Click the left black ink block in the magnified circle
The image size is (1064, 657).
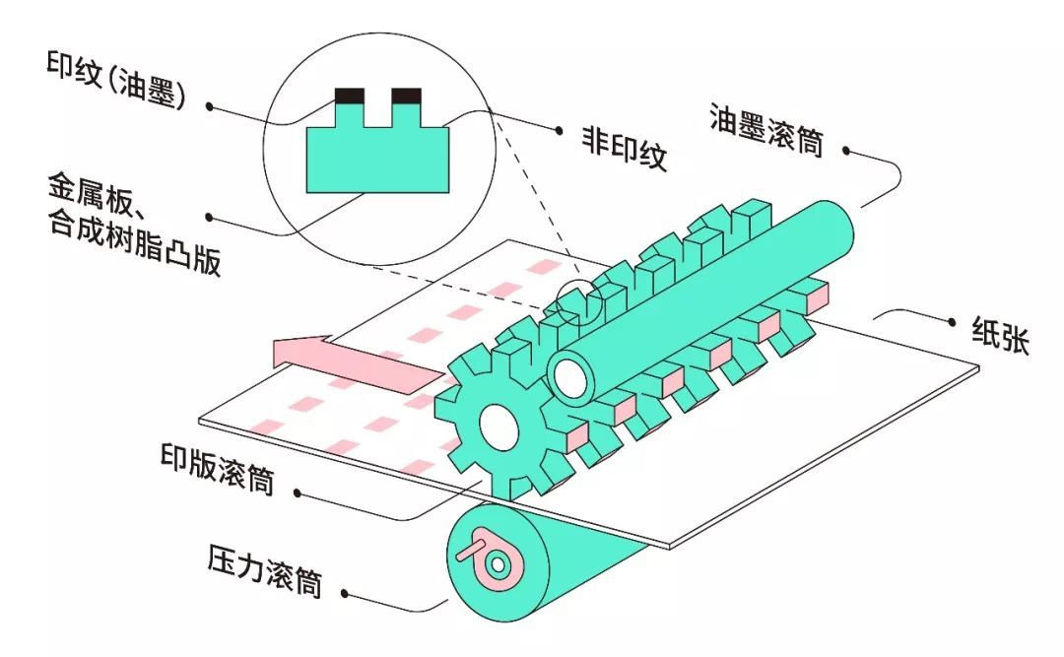350,97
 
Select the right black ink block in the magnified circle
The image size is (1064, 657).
407,97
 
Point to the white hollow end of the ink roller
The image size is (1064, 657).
568,376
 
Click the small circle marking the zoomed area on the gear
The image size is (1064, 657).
579,303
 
